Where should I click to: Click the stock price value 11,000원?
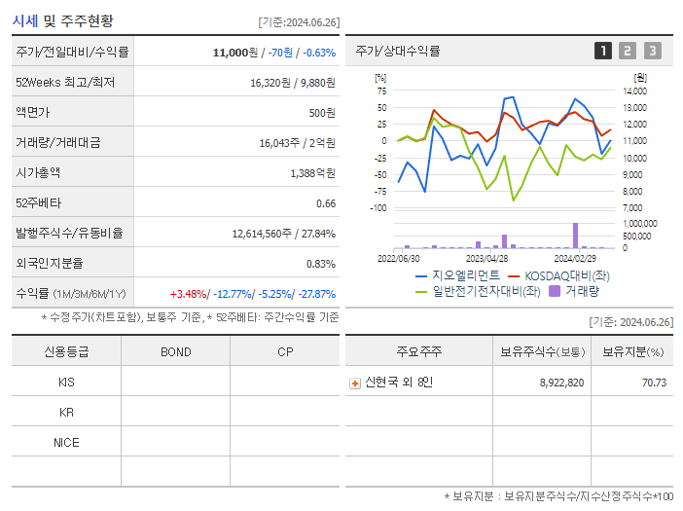[x=234, y=52]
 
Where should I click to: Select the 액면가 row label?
[x=35, y=113]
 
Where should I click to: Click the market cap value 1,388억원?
[x=312, y=173]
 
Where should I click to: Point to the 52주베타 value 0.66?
[x=325, y=203]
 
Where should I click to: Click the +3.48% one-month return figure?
[x=188, y=294]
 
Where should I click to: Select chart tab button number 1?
[x=603, y=51]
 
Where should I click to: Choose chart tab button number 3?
[x=652, y=51]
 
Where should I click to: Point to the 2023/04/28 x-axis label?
[x=487, y=259]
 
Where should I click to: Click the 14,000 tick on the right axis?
[x=634, y=91]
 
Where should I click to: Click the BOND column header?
[x=176, y=352]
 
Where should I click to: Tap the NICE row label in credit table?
[x=66, y=442]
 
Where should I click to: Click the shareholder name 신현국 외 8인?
[x=399, y=383]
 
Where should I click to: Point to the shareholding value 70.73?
[x=655, y=383]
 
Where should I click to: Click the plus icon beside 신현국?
[x=355, y=383]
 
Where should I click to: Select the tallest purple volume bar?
[x=575, y=236]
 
